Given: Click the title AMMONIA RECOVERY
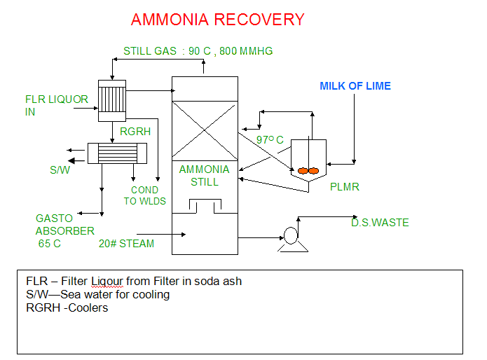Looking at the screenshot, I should pyautogui.click(x=217, y=20).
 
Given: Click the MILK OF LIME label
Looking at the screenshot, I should pyautogui.click(x=355, y=86).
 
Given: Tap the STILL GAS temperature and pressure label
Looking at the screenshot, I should pyautogui.click(x=198, y=51).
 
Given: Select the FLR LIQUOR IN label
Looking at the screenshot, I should pyautogui.click(x=56, y=105).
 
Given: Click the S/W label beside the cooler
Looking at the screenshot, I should pyautogui.click(x=59, y=169).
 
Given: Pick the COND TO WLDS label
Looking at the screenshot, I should pyautogui.click(x=144, y=195).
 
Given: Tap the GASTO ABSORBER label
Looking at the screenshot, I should pyautogui.click(x=65, y=225).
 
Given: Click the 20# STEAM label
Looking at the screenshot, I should pyautogui.click(x=126, y=244).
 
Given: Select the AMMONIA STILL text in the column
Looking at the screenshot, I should pyautogui.click(x=204, y=176).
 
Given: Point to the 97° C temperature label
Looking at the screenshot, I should pyautogui.click(x=270, y=140).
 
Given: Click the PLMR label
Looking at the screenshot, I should pyautogui.click(x=343, y=187).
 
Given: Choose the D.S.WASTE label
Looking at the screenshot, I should pyautogui.click(x=380, y=223).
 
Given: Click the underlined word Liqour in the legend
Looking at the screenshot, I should pyautogui.click(x=106, y=281).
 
